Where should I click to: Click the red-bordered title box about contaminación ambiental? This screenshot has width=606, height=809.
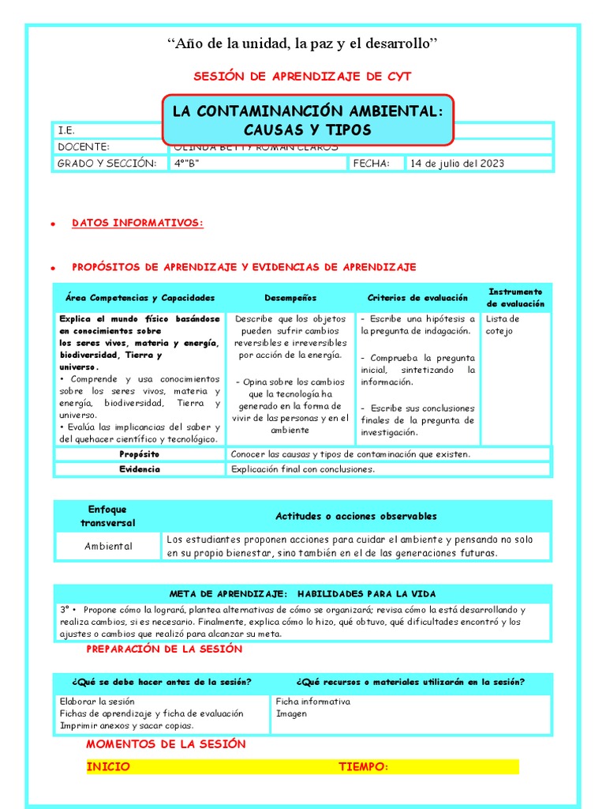click(x=309, y=120)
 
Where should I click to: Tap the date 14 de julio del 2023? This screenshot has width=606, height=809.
click(x=457, y=164)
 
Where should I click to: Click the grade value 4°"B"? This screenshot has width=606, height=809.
click(x=187, y=164)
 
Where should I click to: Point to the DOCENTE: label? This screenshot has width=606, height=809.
click(x=83, y=147)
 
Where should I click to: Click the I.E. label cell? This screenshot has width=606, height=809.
click(x=66, y=130)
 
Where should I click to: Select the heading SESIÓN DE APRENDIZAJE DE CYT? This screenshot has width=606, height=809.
click(x=302, y=76)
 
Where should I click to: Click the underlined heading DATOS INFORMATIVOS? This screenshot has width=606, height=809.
click(x=137, y=224)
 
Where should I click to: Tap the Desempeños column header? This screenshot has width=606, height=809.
click(x=290, y=298)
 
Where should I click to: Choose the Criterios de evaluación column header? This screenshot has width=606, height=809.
click(x=417, y=298)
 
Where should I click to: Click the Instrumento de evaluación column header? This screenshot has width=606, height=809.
click(x=515, y=298)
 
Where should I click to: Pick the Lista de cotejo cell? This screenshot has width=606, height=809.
click(x=503, y=325)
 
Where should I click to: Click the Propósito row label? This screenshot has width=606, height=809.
click(x=139, y=454)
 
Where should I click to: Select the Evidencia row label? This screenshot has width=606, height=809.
click(x=139, y=468)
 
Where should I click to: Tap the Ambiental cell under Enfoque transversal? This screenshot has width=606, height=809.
click(x=108, y=546)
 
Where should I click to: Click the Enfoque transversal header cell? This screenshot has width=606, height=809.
click(x=108, y=516)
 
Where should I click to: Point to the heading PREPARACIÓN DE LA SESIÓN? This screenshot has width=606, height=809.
click(x=164, y=649)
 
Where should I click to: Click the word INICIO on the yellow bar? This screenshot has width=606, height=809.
click(x=108, y=766)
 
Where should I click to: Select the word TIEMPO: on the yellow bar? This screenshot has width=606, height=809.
click(x=363, y=766)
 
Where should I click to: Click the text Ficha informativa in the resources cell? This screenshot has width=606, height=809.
click(x=312, y=702)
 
